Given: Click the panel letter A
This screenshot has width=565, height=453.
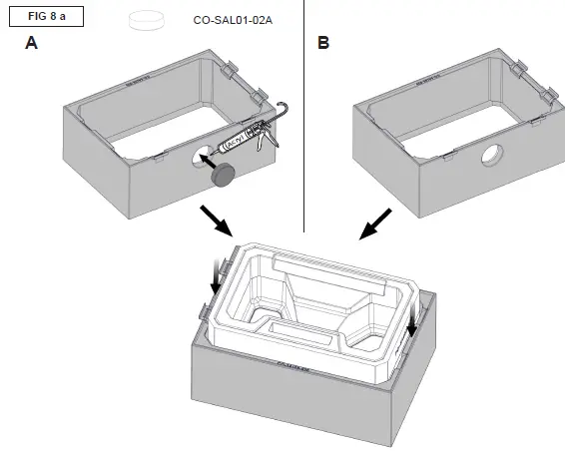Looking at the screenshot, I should click(32, 44).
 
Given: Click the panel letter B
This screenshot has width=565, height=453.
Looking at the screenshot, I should click(322, 44).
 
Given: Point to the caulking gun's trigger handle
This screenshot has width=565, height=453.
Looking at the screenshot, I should click(262, 139).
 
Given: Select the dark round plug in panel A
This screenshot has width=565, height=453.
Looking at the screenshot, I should click(221, 176).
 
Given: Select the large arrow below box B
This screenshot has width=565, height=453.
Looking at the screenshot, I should click(375, 226).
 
